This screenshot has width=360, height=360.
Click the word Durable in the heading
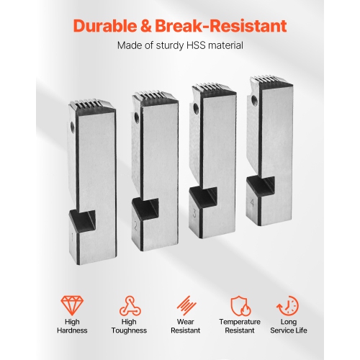pyautogui.click(x=104, y=26)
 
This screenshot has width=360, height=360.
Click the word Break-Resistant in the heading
pyautogui.click(x=221, y=26)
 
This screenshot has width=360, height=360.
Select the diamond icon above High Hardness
pyautogui.click(x=72, y=305)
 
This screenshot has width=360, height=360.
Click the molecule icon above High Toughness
pyautogui.click(x=130, y=305)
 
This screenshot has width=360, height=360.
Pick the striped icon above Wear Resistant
pyautogui.click(x=186, y=305)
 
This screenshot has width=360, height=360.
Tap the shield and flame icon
pyautogui.click(x=240, y=306)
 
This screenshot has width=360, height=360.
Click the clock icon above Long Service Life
pyautogui.click(x=288, y=306)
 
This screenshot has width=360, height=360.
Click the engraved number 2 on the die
pyautogui.click(x=136, y=226)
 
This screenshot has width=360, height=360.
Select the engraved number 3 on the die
pyautogui.click(x=194, y=213)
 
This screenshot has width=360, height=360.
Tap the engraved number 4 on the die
pyautogui.click(x=252, y=203)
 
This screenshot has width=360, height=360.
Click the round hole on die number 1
pyautogui.click(x=72, y=125)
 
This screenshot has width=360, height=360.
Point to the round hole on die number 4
pyautogui.click(x=255, y=100)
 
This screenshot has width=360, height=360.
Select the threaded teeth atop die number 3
pyautogui.click(x=213, y=89)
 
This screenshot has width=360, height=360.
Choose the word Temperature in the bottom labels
pyautogui.click(x=240, y=322)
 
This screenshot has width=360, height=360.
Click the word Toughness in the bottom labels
pyautogui.click(x=129, y=330)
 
